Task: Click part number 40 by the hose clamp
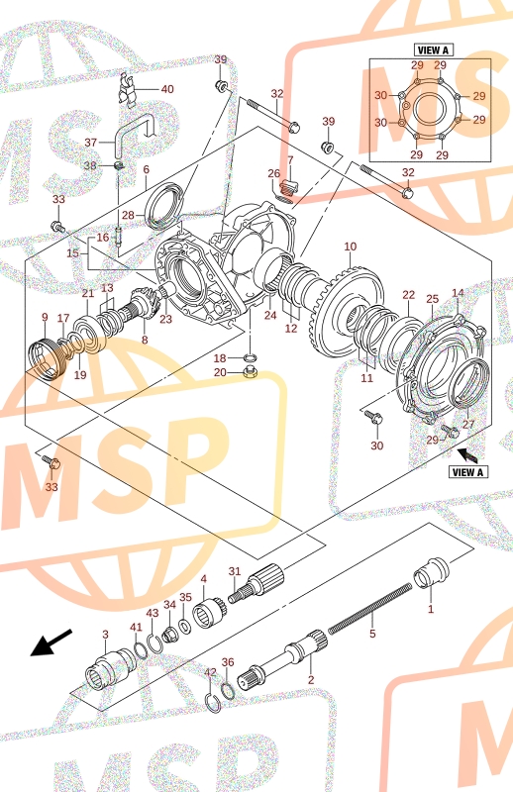(x=167, y=89)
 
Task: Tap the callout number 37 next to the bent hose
(x=90, y=143)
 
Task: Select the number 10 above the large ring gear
(x=351, y=247)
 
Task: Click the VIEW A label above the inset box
(x=433, y=50)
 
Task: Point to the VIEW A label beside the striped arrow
(x=468, y=472)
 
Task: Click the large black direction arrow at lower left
(x=51, y=643)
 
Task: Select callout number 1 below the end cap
(x=431, y=609)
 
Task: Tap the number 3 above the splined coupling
(x=105, y=635)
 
